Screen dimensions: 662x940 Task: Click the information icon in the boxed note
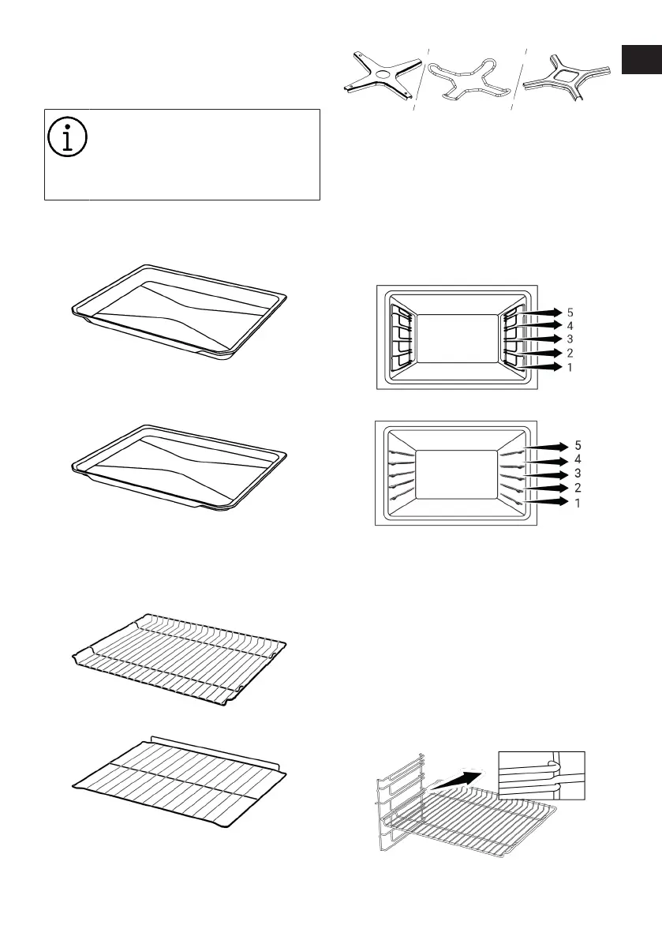[69, 138]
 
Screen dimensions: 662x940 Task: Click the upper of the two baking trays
[179, 312]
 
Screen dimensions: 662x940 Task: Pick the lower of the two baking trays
[179, 469]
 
